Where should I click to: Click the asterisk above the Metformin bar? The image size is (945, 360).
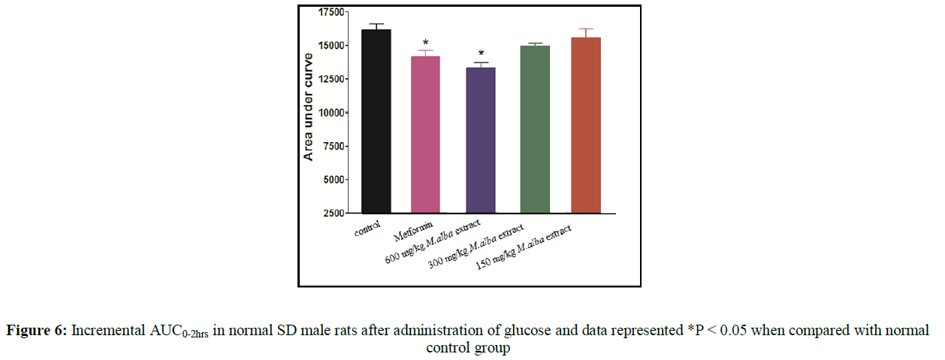(426, 43)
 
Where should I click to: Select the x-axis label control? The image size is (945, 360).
(369, 227)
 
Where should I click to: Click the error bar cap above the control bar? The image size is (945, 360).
(376, 24)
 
